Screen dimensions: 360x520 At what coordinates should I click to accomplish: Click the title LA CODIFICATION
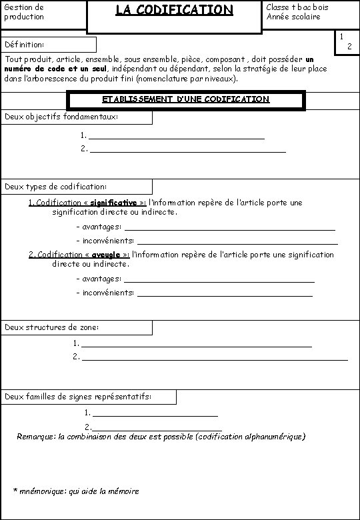click(x=174, y=10)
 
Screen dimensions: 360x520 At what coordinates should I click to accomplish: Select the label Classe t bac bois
click(x=297, y=7)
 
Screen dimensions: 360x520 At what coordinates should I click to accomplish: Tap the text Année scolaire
click(x=293, y=17)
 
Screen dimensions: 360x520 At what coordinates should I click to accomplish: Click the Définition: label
click(x=25, y=45)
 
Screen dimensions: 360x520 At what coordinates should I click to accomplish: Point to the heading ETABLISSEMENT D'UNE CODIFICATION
click(x=186, y=99)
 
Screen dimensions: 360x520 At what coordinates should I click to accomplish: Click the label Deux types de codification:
click(x=55, y=186)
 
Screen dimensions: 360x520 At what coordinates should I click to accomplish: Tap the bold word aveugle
click(x=107, y=255)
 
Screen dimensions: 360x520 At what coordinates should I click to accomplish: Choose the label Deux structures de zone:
click(x=52, y=327)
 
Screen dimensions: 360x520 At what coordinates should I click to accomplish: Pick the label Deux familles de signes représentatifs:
click(x=78, y=397)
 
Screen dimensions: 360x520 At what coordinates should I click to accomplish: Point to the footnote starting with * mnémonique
click(x=76, y=491)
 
